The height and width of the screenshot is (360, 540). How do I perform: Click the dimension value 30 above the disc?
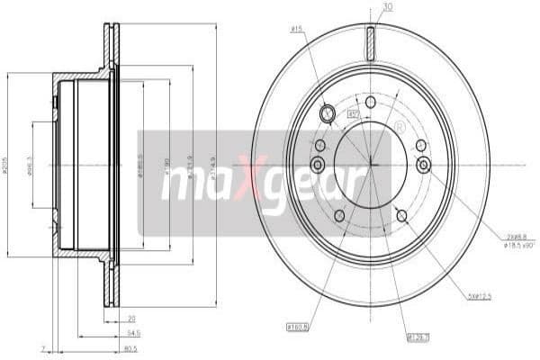(387, 7)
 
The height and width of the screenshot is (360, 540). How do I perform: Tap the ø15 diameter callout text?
(295, 30)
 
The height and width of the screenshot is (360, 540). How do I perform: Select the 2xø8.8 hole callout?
(514, 234)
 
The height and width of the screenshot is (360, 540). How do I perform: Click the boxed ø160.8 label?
(298, 326)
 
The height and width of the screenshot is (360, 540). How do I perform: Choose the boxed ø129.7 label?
(393, 338)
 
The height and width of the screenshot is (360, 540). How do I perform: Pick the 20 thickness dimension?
(130, 318)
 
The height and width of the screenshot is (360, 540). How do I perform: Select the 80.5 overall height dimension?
(130, 348)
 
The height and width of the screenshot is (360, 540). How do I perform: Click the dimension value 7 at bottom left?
(42, 348)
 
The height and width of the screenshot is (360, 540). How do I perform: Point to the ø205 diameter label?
(8, 166)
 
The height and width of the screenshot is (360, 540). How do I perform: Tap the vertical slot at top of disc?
(370, 42)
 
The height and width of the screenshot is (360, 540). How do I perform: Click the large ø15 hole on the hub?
(328, 113)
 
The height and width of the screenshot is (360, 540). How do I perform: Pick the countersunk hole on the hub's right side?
(424, 164)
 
